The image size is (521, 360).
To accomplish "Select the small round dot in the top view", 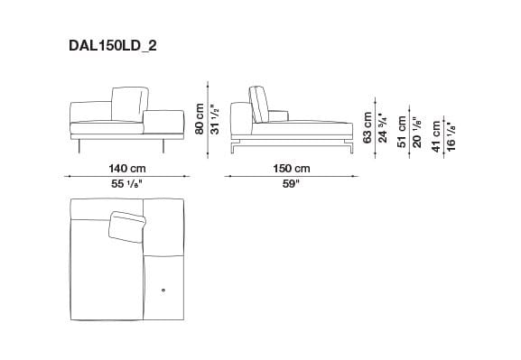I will [x=163, y=290].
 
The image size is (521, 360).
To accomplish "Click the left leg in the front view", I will [x=79, y=146].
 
